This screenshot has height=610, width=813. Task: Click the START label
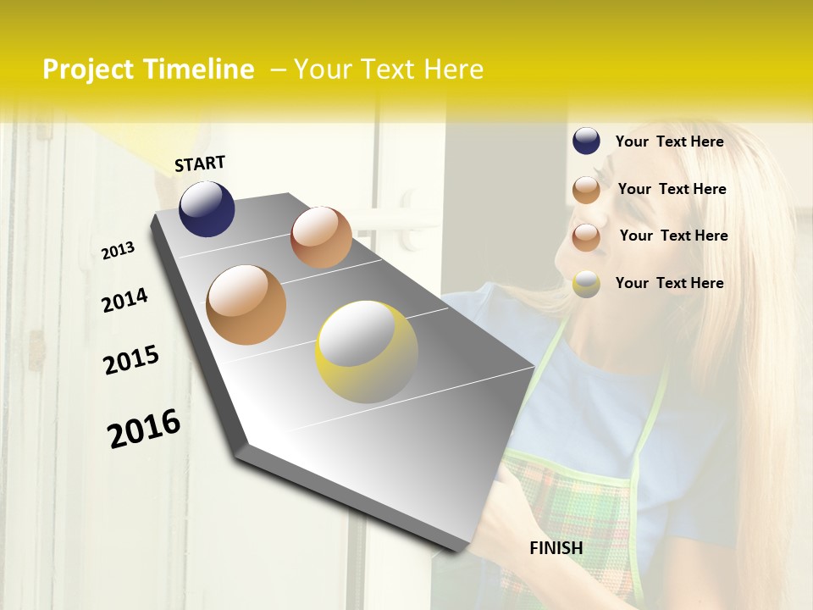pos(200,164)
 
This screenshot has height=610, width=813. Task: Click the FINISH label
pos(556,548)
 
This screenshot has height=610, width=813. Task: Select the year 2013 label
pos(118,250)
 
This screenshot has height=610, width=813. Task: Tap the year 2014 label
pos(124,300)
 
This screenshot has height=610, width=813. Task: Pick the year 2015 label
pos(131,359)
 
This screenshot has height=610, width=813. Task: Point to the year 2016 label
pos(144,428)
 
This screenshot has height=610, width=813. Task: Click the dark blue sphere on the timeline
pos(207,209)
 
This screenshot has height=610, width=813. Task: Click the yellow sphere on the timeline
pos(367,352)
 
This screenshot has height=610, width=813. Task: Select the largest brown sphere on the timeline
pos(246,305)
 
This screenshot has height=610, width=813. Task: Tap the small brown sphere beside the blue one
pos(321,237)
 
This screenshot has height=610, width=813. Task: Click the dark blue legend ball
pos(586,141)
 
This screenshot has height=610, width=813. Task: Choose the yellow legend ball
pos(586,284)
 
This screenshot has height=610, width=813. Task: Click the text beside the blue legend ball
pos(669,141)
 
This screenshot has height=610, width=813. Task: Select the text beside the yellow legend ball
pos(669,283)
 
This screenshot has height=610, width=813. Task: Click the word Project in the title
pos(88,69)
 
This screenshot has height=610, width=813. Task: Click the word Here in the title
pos(452,69)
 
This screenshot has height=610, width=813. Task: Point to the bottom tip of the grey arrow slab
pos(462,549)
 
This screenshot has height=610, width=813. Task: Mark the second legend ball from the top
pos(586,190)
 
